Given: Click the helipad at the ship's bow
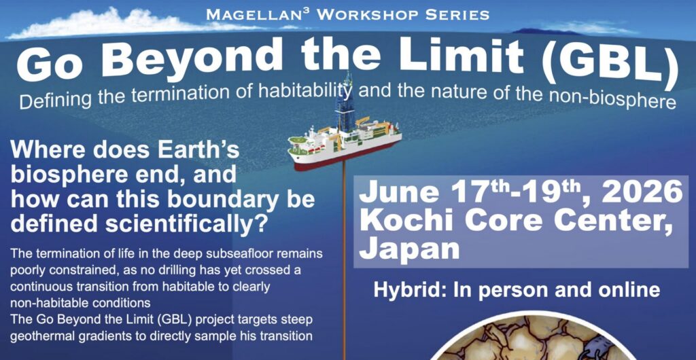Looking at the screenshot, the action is [299, 142].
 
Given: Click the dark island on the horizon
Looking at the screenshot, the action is [539, 31].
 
